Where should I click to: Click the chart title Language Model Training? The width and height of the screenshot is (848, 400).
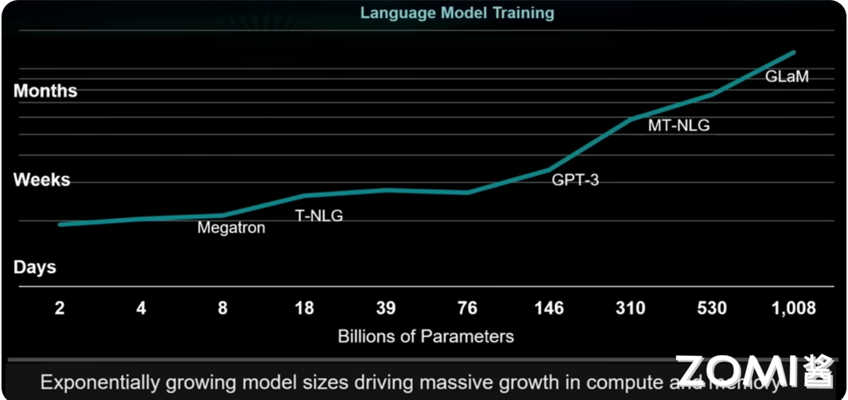457,13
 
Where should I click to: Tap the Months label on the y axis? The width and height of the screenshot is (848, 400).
46,91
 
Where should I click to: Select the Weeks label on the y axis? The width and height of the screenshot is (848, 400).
42,180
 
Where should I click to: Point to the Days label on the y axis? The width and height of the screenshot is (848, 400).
35,267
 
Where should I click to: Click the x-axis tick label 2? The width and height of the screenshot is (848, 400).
59,308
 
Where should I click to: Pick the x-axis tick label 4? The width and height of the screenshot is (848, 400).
141,308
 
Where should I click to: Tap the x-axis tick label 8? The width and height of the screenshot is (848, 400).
222,308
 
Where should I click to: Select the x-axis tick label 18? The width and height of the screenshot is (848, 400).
304,308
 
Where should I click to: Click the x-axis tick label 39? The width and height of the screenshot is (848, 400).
386,308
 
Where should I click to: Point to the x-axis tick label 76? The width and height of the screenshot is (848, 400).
467,308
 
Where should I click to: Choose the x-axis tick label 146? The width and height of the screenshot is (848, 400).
549,308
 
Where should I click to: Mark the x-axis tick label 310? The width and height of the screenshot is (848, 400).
631,308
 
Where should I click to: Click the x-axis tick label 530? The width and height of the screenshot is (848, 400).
712,308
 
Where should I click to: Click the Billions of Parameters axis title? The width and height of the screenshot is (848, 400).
426,336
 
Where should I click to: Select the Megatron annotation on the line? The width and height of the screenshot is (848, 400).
231,228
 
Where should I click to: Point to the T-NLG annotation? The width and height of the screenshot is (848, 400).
319,215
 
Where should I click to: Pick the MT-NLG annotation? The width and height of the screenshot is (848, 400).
678,125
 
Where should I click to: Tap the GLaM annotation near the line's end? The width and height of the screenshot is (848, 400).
787,77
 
